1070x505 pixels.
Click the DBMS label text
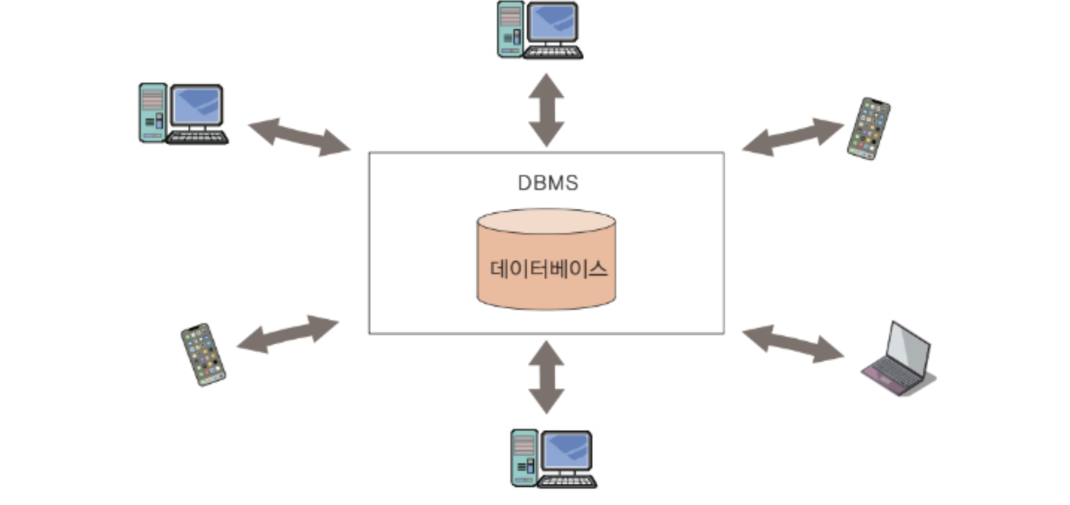[548, 183]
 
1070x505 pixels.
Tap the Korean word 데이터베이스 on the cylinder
[548, 269]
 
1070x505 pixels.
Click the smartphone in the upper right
[869, 128]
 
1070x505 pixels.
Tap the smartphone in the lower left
[203, 355]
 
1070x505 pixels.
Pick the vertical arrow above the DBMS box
[546, 109]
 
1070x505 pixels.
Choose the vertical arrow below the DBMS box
[546, 377]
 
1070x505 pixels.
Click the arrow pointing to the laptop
[793, 343]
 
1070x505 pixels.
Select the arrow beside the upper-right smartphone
[793, 137]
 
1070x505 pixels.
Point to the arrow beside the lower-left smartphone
[288, 334]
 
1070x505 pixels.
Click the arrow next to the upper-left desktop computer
[299, 137]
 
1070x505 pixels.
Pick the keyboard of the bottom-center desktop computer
[566, 481]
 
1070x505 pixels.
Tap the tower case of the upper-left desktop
[153, 112]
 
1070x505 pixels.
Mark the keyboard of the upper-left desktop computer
[197, 138]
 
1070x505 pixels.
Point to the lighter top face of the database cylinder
[546, 221]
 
